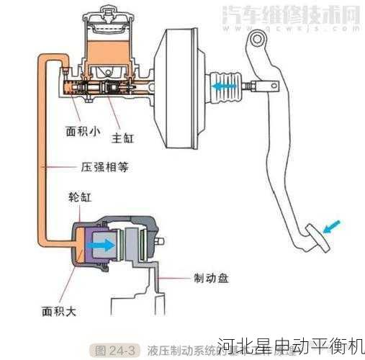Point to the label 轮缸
(79, 197)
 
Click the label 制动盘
(211, 276)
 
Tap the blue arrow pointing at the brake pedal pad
(333, 228)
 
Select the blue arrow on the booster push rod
(225, 84)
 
